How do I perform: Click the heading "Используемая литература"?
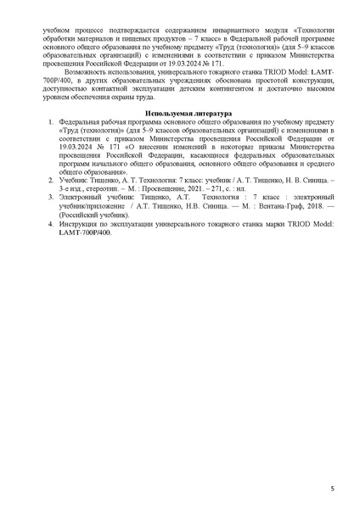[x=180, y=113]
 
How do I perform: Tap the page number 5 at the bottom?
[x=332, y=489]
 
